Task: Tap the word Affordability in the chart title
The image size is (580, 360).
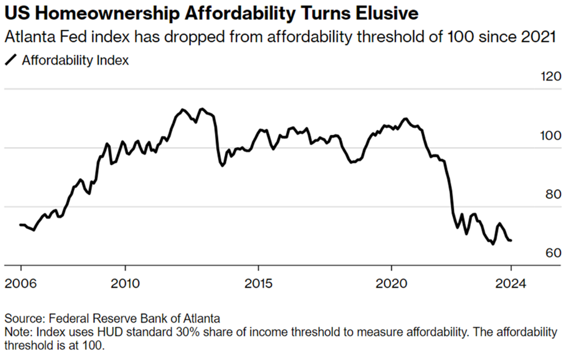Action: [240, 13]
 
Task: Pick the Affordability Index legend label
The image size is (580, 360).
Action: [75, 60]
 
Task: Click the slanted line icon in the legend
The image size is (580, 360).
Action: [11, 60]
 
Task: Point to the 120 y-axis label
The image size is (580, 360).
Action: [551, 76]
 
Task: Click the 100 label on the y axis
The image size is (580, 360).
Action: [551, 136]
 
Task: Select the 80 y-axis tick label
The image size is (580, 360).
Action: [553, 194]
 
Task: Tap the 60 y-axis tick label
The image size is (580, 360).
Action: [553, 253]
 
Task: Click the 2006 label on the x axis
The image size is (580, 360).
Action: [21, 283]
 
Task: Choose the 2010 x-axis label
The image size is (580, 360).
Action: [125, 283]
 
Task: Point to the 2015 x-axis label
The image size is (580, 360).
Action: [258, 283]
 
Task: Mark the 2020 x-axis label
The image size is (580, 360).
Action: [391, 283]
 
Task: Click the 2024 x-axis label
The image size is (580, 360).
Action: [511, 283]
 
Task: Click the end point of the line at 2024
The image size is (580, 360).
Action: [511, 241]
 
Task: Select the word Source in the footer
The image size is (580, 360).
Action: [25, 318]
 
